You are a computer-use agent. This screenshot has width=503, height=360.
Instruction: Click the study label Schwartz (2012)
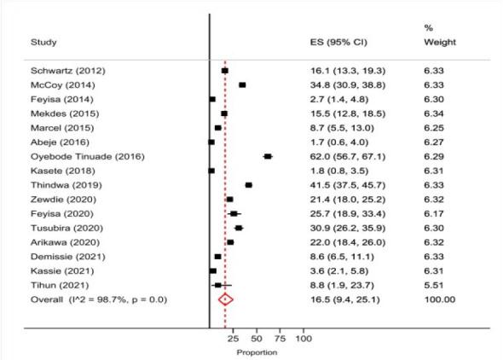[x=63, y=71]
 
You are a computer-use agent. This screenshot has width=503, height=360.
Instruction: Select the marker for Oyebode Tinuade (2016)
[x=268, y=156]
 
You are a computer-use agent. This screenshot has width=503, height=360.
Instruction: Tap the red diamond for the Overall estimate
[x=226, y=299]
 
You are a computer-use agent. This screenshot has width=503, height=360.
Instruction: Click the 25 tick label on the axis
[x=234, y=339]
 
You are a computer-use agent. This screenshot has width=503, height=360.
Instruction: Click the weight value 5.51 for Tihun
[x=434, y=285]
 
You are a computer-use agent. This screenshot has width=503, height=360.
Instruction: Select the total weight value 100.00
[x=440, y=299]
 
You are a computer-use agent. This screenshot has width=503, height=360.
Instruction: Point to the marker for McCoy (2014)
[x=242, y=85]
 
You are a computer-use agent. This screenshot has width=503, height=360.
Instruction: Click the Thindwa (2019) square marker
[x=248, y=184]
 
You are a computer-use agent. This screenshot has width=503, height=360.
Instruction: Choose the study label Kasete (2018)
[x=58, y=171]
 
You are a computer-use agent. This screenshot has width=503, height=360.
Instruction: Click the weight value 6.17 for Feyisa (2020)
[x=434, y=213]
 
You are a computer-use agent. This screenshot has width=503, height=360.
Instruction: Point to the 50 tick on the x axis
[x=257, y=339]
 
